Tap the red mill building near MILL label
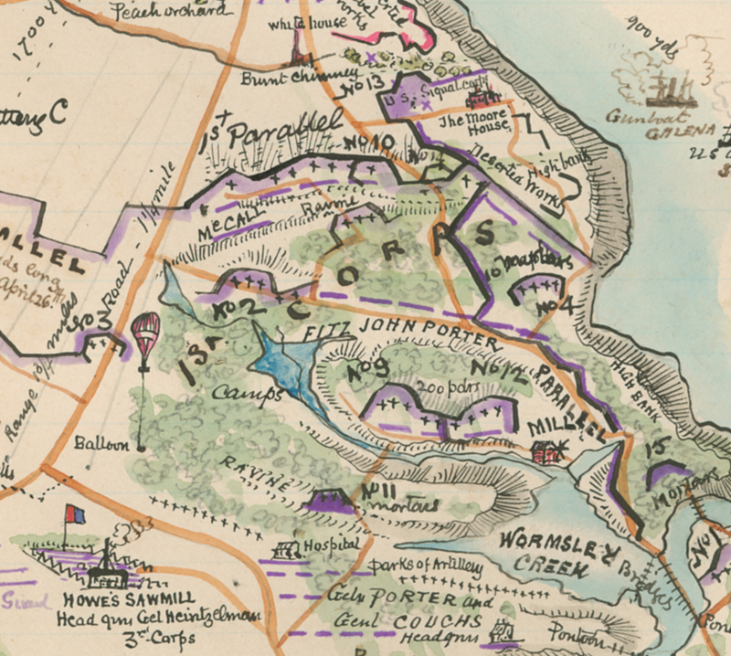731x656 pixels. [x=546, y=450]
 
